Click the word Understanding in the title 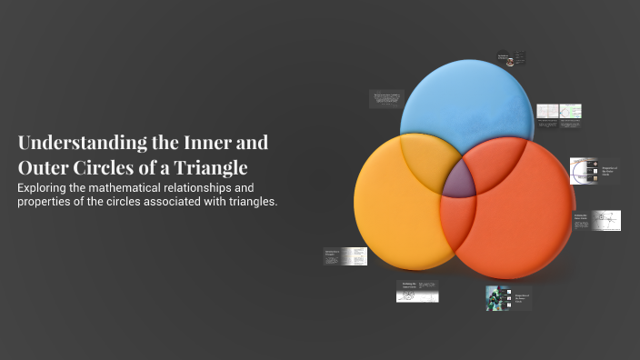[72, 143]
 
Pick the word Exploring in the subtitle [45, 187]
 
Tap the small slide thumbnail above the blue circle [511, 58]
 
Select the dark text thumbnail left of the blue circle [386, 98]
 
